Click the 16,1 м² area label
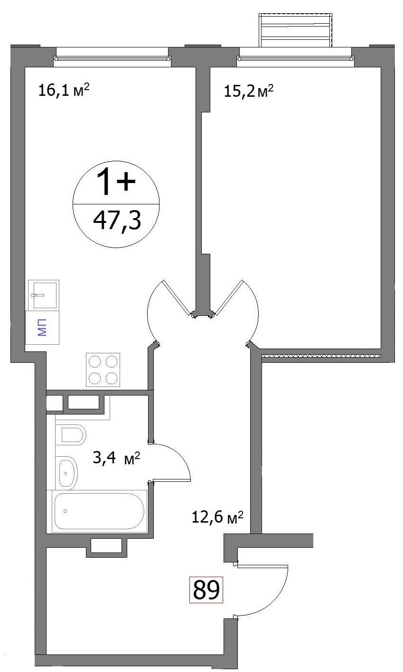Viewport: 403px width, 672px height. (x=64, y=90)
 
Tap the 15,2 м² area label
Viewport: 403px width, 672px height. (x=249, y=91)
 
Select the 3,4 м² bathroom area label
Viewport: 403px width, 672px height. (x=116, y=458)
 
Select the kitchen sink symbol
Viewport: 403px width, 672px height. (x=44, y=295)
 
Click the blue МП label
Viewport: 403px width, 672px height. (x=42, y=328)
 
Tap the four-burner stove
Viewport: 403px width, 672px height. (x=103, y=369)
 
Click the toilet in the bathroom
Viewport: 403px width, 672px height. (x=71, y=435)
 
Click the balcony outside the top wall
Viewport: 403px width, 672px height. (x=296, y=30)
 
